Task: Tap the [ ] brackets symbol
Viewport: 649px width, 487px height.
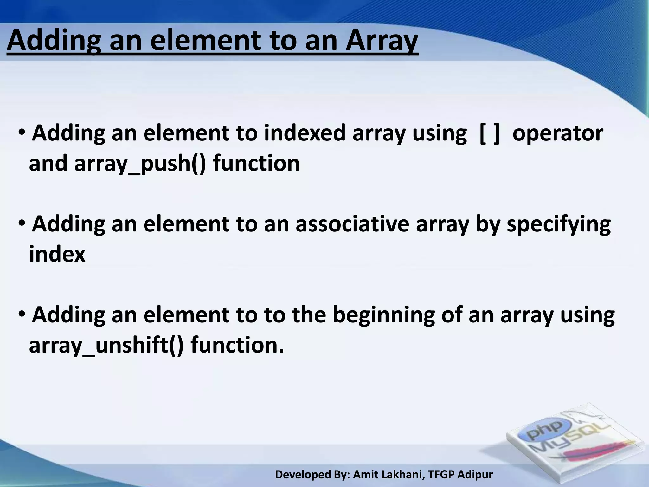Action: click(x=490, y=134)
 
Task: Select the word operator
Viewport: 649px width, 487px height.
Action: click(x=558, y=134)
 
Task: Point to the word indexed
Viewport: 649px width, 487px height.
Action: click(x=305, y=133)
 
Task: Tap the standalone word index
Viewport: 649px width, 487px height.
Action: click(x=57, y=254)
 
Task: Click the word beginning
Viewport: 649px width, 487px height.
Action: click(x=383, y=316)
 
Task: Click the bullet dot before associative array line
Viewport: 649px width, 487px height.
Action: click(x=22, y=223)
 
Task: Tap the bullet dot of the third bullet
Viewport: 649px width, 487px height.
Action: click(x=22, y=314)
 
